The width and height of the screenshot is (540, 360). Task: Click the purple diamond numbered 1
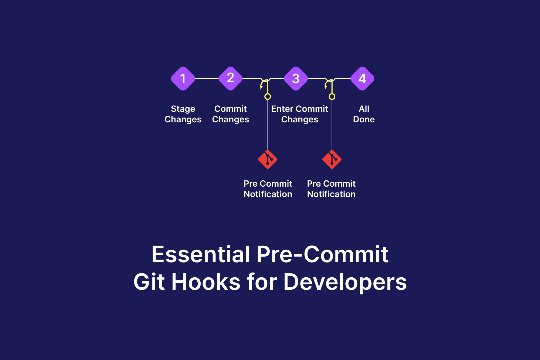click(x=183, y=79)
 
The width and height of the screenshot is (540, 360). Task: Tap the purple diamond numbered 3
click(x=296, y=79)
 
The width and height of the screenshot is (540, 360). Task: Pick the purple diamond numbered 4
click(x=362, y=79)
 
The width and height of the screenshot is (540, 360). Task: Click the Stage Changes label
click(x=183, y=114)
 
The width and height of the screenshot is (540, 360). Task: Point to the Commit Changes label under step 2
click(x=230, y=114)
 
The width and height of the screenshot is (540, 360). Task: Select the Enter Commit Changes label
click(x=299, y=114)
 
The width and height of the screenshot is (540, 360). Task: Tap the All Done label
click(x=364, y=114)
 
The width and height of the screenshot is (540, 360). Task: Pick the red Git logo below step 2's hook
click(x=268, y=159)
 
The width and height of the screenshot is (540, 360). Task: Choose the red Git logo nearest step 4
click(x=332, y=159)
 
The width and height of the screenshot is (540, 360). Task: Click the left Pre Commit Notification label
click(x=268, y=189)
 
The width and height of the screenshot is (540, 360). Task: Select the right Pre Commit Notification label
click(x=331, y=189)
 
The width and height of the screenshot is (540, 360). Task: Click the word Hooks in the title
click(x=206, y=282)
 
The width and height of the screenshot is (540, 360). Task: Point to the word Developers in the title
click(x=345, y=282)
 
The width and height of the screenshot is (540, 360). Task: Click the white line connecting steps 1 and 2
click(x=207, y=79)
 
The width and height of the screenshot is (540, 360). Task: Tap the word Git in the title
click(x=149, y=282)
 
